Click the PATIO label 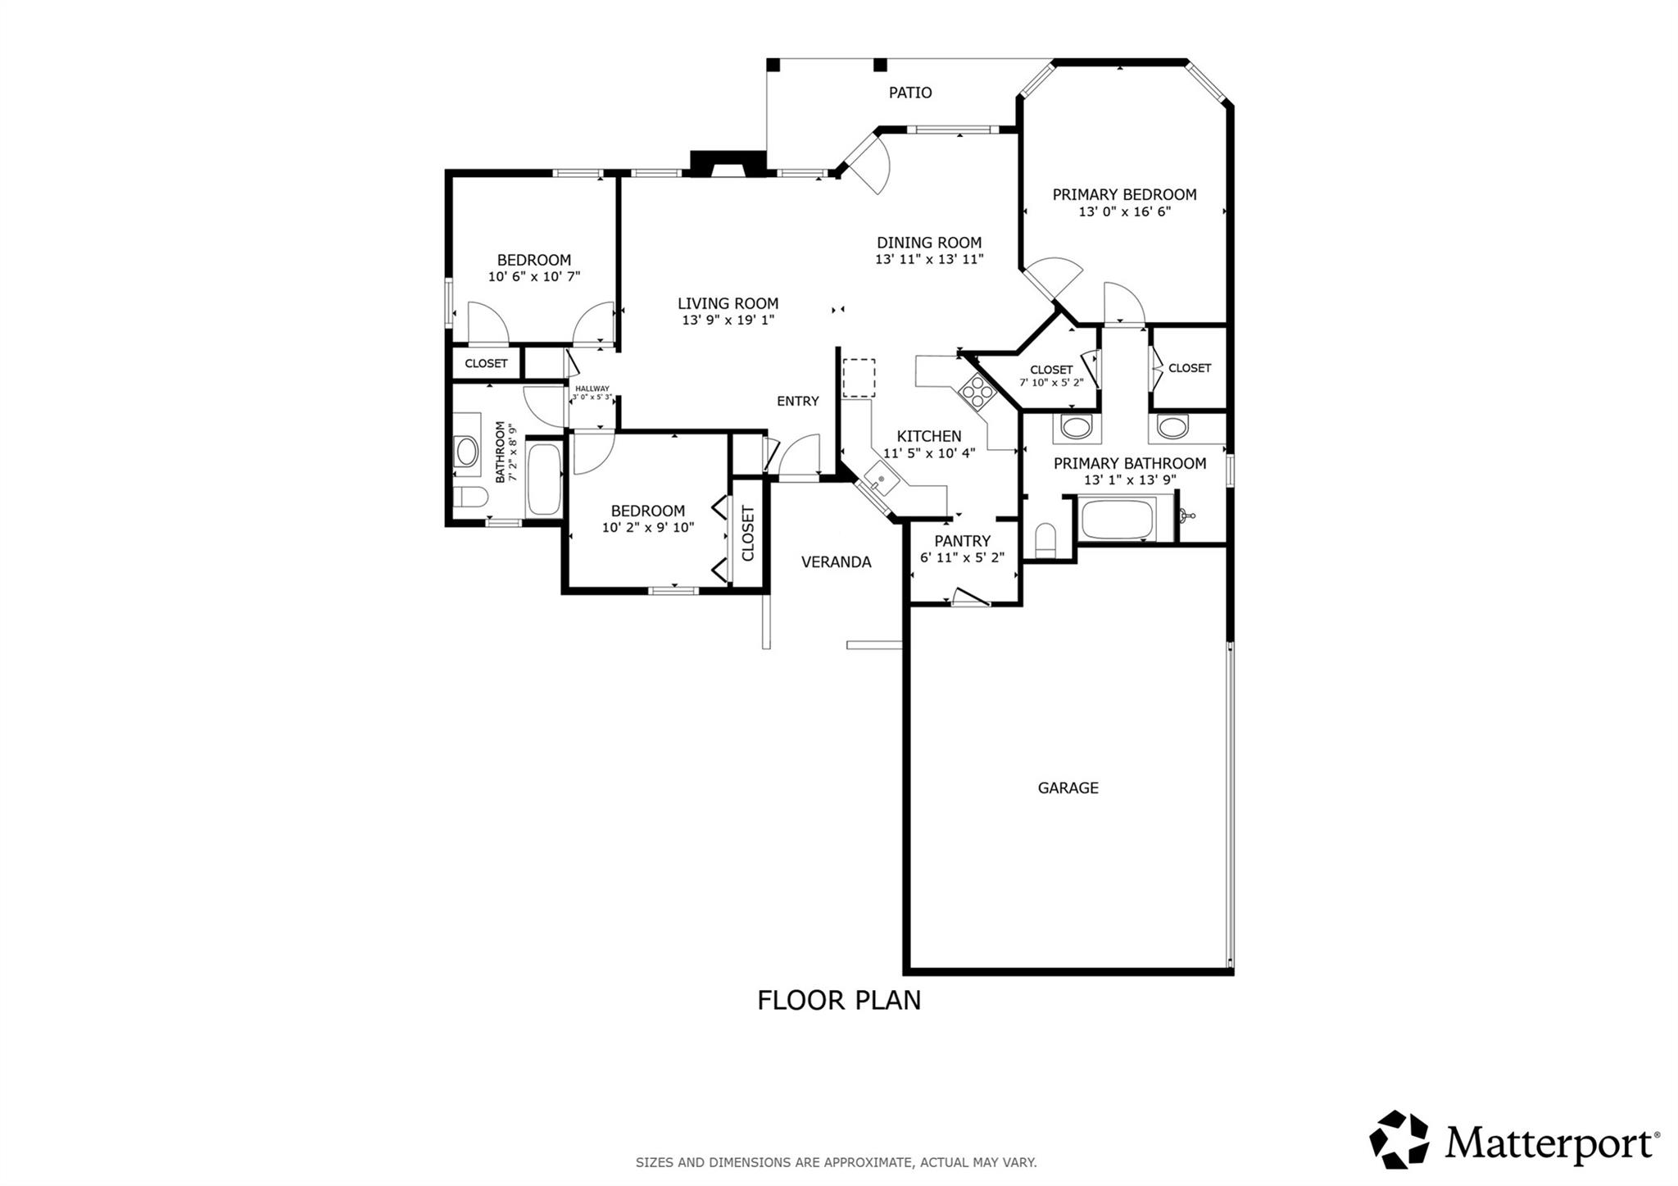pyautogui.click(x=910, y=93)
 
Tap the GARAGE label pyautogui.click(x=1068, y=788)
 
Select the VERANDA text pyautogui.click(x=836, y=562)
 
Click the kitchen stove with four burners pyautogui.click(x=977, y=391)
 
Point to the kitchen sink pyautogui.click(x=879, y=479)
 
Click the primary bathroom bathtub pyautogui.click(x=1118, y=518)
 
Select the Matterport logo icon pyautogui.click(x=1399, y=1139)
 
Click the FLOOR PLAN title pyautogui.click(x=838, y=1001)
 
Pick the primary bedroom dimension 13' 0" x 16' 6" pyautogui.click(x=1124, y=211)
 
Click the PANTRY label pyautogui.click(x=962, y=541)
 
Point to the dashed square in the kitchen pyautogui.click(x=859, y=378)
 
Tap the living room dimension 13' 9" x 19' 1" pyautogui.click(x=728, y=320)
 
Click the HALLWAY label pyautogui.click(x=592, y=389)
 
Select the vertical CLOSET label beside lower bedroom pyautogui.click(x=747, y=534)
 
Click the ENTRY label pyautogui.click(x=797, y=401)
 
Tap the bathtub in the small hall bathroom pyautogui.click(x=543, y=479)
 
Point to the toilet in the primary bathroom pyautogui.click(x=1045, y=540)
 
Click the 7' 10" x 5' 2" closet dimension pyautogui.click(x=1051, y=382)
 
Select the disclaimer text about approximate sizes pyautogui.click(x=836, y=1162)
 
